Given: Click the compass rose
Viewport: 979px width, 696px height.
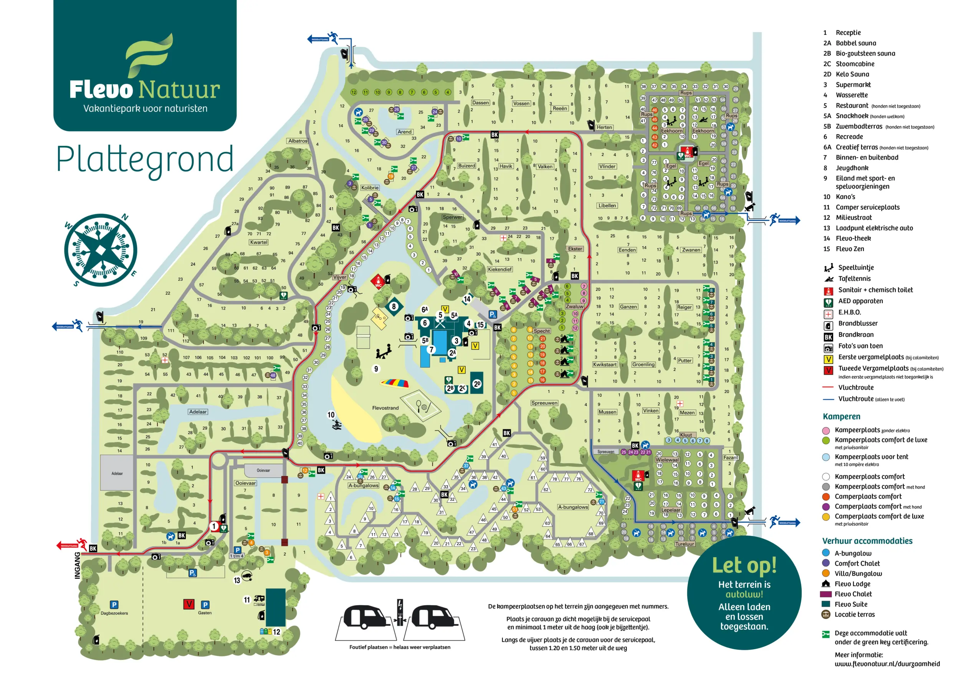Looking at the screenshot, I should coord(100,250).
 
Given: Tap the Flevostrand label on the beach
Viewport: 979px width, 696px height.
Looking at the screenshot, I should coord(385,408).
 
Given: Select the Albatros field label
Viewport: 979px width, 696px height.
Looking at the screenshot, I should coord(298,141).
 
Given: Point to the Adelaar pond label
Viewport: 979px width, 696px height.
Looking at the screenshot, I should coord(198,412).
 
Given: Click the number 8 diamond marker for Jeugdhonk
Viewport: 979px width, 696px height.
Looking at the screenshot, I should coord(394,306).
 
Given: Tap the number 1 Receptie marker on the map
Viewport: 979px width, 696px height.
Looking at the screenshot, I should coord(214,526).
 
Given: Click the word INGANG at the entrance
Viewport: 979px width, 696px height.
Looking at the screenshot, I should coord(78,565).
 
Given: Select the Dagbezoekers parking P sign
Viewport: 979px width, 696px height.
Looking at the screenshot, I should coord(114,605).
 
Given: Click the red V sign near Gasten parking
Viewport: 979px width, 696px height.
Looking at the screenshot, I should coord(189,604).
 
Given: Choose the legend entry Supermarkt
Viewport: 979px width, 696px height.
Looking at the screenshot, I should coord(853,85).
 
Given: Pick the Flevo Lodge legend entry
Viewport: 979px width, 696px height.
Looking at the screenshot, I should coord(852,584).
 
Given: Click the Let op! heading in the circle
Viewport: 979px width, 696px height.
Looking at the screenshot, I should coord(744,565).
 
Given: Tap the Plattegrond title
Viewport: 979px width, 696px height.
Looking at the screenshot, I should coord(145,160).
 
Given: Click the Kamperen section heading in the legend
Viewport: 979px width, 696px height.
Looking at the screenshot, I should coord(841,417).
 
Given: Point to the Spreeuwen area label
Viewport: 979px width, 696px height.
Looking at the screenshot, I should coord(544,403).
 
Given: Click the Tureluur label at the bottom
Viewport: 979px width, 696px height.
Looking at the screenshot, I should coord(685,544).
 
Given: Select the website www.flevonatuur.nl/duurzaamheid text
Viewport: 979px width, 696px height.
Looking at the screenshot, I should coord(887,664).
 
